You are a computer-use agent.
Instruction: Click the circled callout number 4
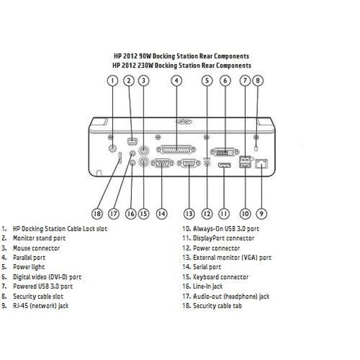click(x=177, y=81)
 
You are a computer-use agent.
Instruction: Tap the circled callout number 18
click(x=97, y=214)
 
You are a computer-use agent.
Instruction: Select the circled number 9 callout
click(x=261, y=214)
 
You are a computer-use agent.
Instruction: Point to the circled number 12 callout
click(x=207, y=214)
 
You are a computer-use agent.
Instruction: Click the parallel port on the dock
click(x=176, y=150)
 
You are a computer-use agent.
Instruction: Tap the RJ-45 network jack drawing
click(x=261, y=164)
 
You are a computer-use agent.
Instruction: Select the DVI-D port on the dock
click(x=225, y=152)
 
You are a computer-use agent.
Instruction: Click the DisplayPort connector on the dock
click(x=224, y=165)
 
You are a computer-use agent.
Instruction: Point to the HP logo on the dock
click(x=184, y=121)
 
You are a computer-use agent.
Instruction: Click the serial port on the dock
click(x=162, y=163)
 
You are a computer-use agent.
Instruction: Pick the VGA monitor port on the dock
click(x=189, y=163)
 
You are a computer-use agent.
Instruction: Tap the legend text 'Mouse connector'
click(x=36, y=248)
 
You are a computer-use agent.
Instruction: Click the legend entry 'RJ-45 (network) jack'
click(x=40, y=306)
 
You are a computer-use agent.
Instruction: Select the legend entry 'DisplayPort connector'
click(x=224, y=238)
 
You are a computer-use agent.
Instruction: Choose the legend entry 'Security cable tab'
click(x=218, y=306)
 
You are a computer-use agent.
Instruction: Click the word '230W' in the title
click(x=145, y=65)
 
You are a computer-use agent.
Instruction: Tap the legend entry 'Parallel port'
click(x=29, y=258)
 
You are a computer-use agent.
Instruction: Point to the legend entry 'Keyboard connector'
click(x=220, y=277)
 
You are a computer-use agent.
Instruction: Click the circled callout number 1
click(x=112, y=81)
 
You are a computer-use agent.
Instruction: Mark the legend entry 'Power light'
click(x=29, y=268)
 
